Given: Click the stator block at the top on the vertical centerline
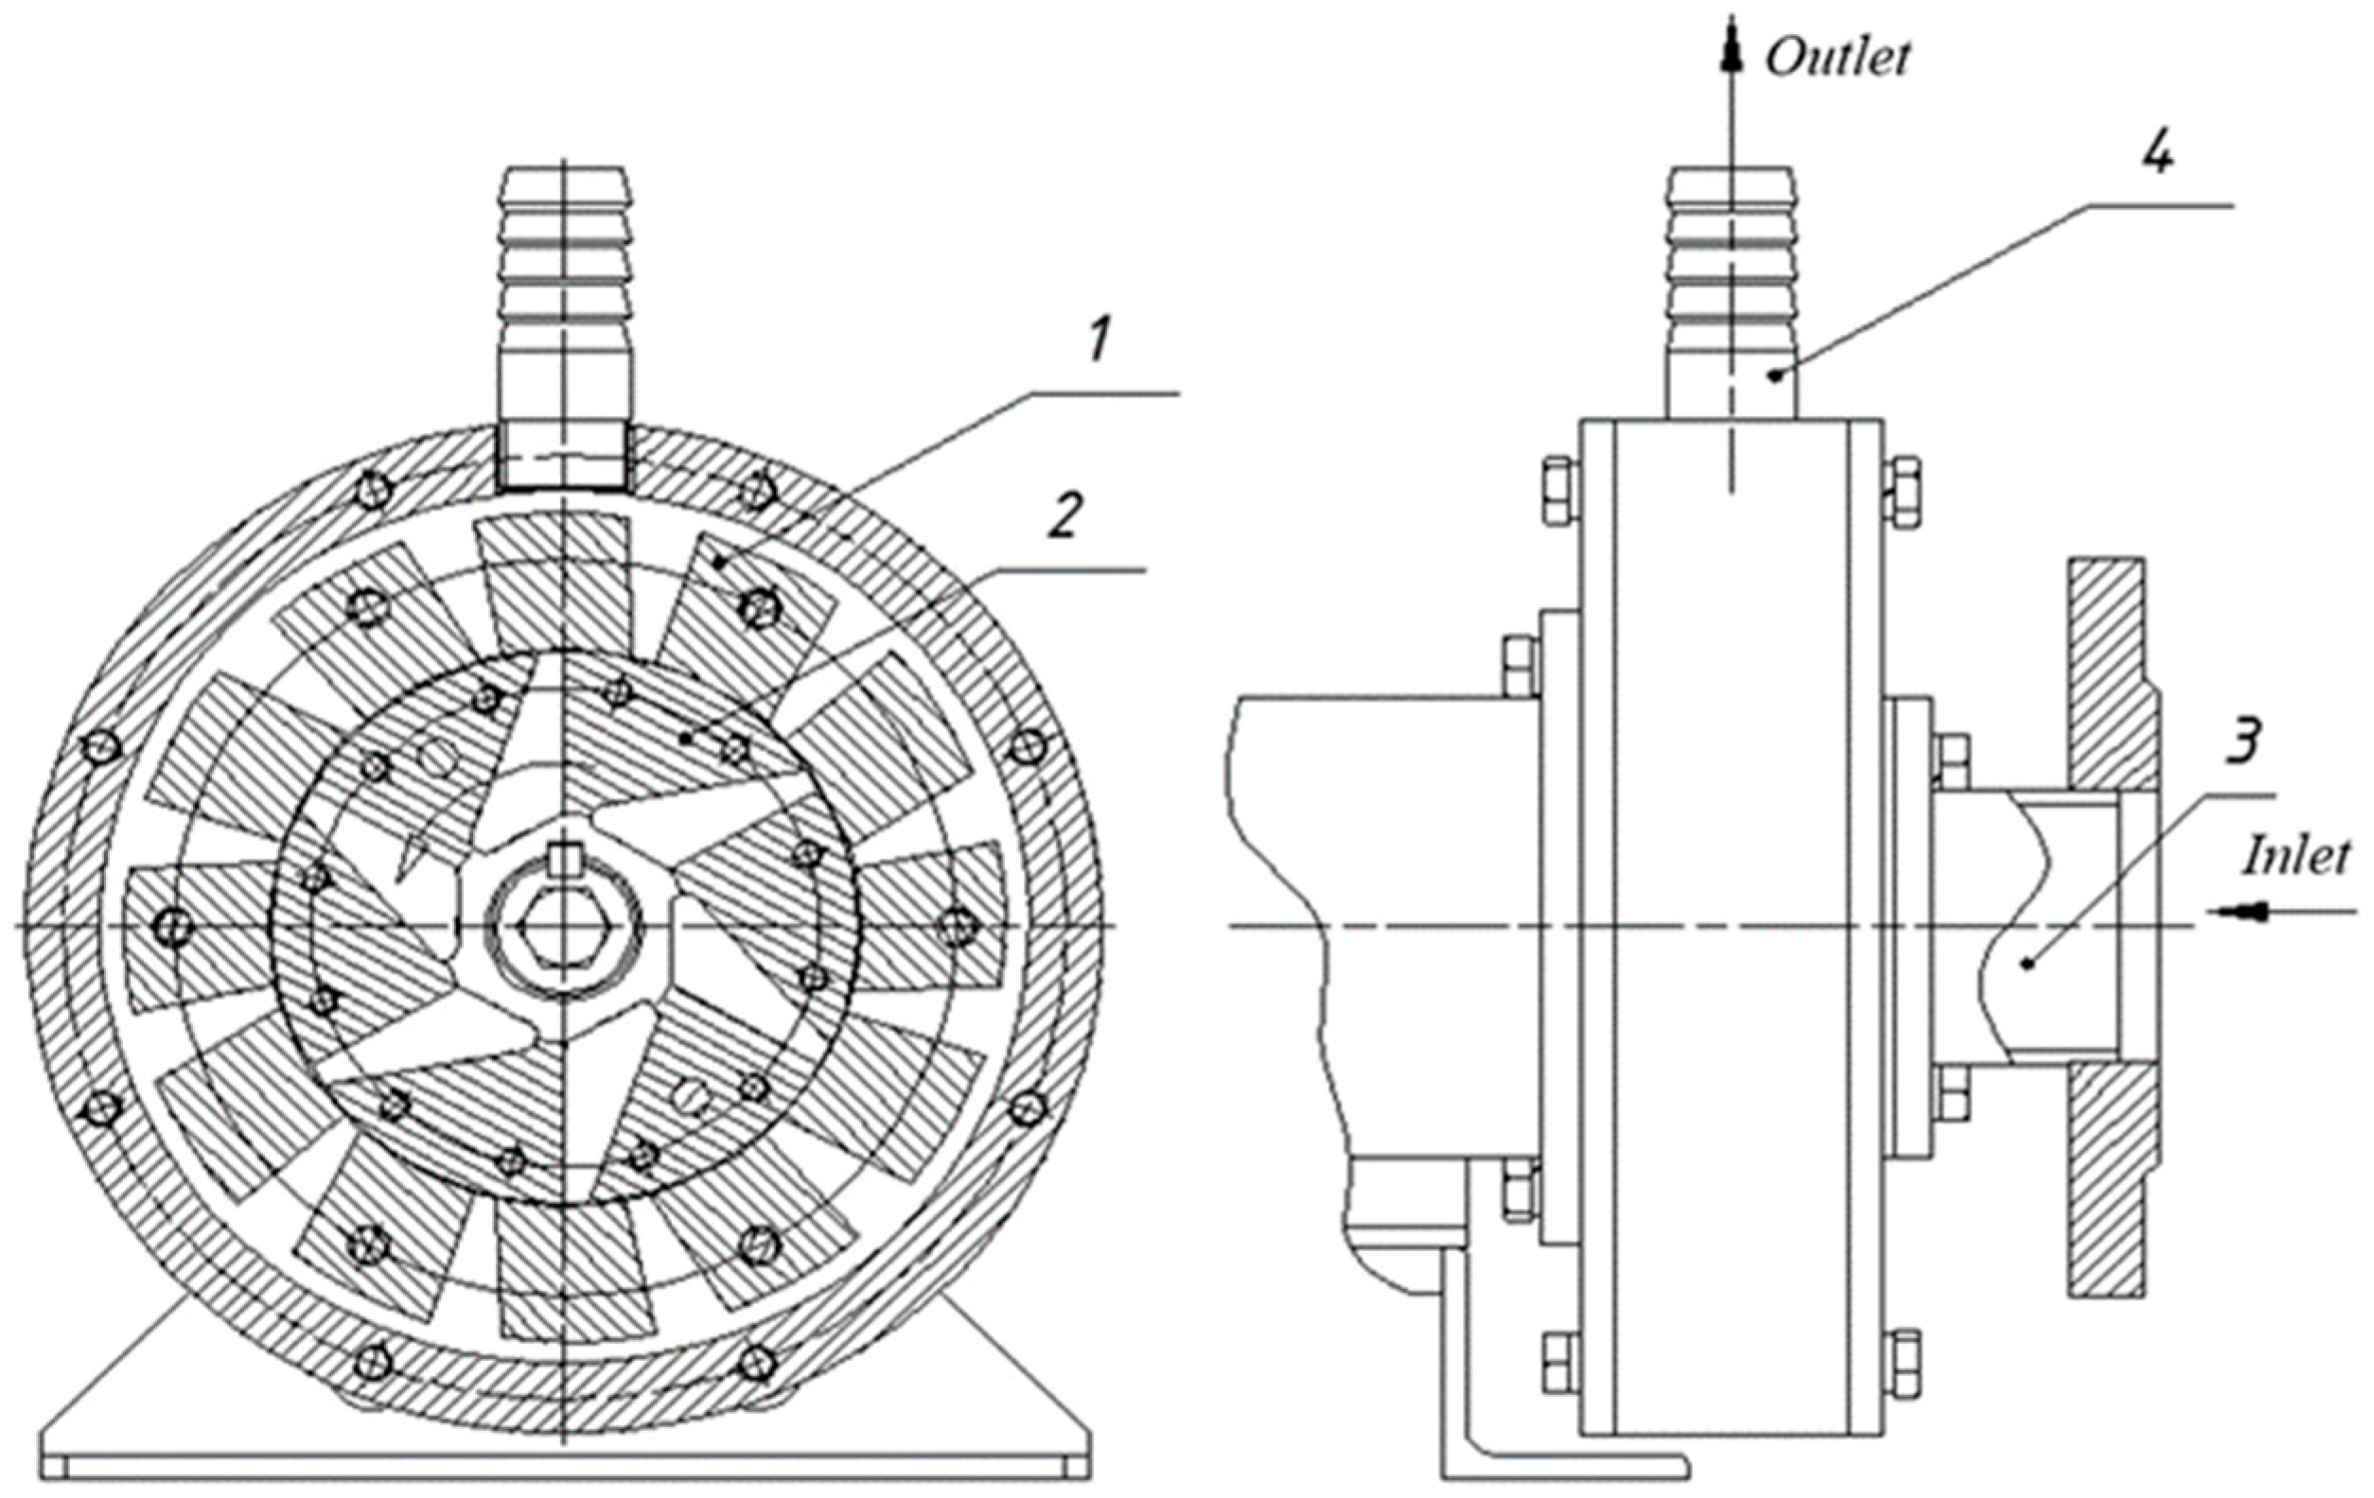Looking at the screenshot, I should (x=552, y=582).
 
